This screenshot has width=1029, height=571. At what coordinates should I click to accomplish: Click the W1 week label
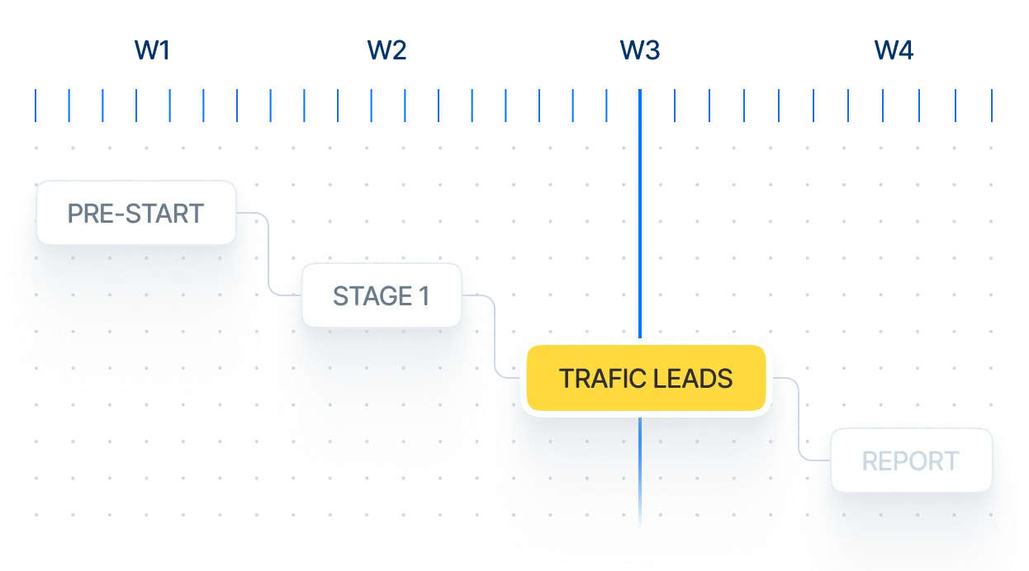pos(152,50)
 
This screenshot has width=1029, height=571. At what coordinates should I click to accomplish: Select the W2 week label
pos(387,50)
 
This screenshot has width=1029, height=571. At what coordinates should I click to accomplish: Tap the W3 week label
pos(641,50)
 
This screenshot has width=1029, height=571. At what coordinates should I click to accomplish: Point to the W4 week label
pos(895,50)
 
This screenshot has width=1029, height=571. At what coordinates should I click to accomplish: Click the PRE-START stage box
pos(135,214)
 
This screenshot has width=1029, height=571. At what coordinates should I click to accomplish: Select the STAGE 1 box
pos(382,296)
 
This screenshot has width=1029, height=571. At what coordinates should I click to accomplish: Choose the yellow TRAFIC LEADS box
pos(645,379)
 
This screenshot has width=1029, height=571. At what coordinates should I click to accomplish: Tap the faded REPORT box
pos(911,461)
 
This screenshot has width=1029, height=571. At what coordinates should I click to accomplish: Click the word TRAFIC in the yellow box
pos(599,379)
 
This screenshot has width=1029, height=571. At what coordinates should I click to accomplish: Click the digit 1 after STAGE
pos(424,296)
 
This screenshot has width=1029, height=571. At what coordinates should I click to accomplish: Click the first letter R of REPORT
pos(870,461)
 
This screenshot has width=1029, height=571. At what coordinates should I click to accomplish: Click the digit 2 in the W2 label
pos(400,50)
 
